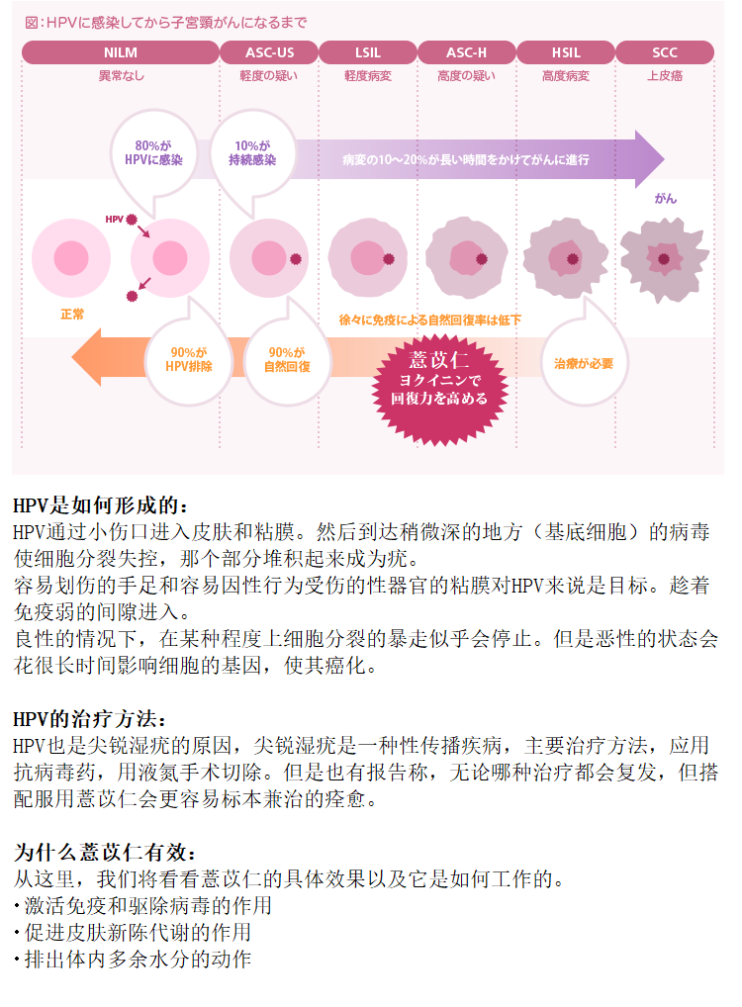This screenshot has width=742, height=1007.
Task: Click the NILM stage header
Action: click(120, 52)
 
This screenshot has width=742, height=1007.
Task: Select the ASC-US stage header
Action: click(269, 52)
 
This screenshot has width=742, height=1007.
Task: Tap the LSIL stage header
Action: click(368, 52)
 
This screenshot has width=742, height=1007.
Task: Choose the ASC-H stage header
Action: click(466, 52)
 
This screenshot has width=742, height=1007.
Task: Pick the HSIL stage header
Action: click(566, 52)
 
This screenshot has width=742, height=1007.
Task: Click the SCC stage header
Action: click(665, 52)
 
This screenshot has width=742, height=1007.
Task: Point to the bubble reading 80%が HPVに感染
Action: click(153, 153)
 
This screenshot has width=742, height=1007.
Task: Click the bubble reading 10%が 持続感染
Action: click(252, 153)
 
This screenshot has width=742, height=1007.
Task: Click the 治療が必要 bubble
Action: click(584, 363)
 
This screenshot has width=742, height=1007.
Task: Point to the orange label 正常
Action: click(72, 314)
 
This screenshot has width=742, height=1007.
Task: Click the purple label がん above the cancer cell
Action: click(666, 199)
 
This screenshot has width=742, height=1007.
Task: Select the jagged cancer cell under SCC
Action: click(664, 259)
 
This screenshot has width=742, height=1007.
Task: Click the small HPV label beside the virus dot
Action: click(115, 219)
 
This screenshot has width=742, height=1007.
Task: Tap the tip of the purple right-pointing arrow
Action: click(664, 158)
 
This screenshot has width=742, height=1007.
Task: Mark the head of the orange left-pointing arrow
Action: click(72, 358)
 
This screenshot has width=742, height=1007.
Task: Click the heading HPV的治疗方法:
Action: click(89, 718)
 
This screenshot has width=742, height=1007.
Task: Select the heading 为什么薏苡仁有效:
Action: click(105, 853)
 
